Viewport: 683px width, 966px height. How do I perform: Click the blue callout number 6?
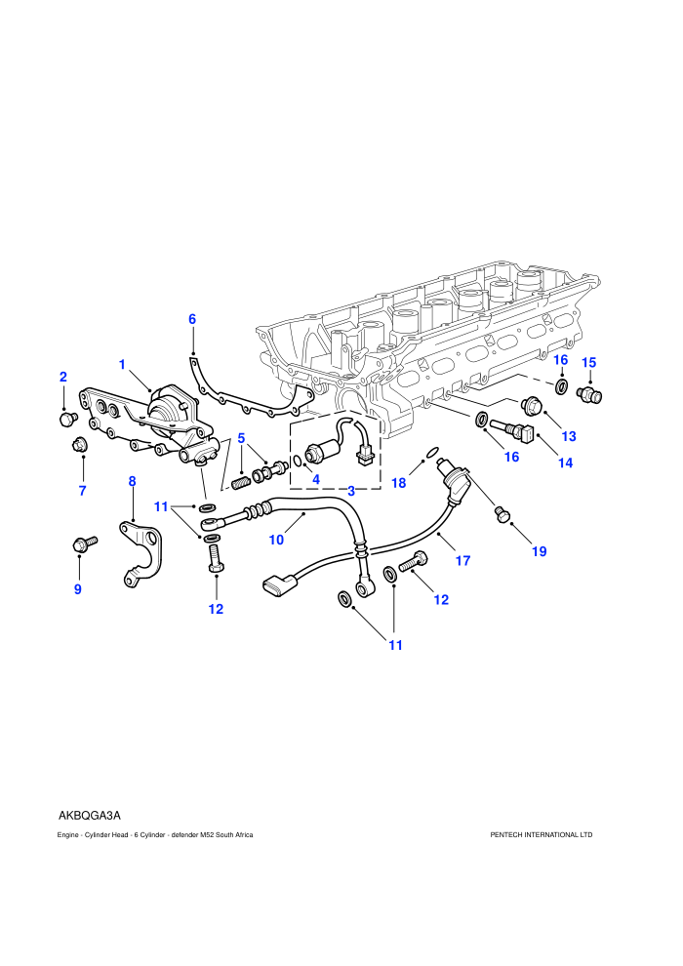192,319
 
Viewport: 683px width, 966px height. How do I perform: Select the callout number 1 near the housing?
122,365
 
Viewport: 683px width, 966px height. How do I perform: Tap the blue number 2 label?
62,377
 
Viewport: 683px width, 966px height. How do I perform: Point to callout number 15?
589,362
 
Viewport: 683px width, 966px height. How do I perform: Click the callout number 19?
539,551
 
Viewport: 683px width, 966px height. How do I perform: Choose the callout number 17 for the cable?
463,561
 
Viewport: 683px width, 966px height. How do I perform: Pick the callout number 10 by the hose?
276,540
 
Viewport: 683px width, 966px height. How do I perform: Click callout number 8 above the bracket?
132,481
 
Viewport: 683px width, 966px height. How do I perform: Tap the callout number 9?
78,589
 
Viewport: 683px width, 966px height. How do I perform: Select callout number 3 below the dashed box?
351,491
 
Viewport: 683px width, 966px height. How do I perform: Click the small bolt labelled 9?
85,543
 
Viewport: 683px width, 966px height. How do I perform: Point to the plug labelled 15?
589,393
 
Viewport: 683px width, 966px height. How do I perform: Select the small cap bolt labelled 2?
66,419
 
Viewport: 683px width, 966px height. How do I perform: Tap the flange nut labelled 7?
80,443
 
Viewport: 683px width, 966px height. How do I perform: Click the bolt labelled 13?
531,404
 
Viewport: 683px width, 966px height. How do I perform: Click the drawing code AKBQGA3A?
90,816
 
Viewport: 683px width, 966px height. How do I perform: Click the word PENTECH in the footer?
506,835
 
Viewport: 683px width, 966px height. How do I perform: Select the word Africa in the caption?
243,835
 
